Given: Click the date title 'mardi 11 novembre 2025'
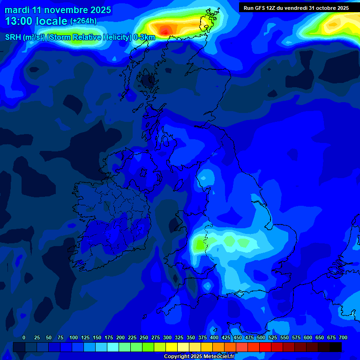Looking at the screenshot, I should [x=58, y=10].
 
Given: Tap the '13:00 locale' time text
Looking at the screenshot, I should [x=36, y=21].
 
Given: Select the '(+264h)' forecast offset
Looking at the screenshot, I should [x=83, y=21].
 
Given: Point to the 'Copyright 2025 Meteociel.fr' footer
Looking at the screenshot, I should [x=199, y=356].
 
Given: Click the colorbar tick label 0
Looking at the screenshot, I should [x=24, y=337].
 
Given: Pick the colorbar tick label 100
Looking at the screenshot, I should [x=74, y=337].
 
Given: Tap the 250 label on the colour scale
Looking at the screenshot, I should [x=144, y=337].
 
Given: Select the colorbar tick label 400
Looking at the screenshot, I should [x=214, y=337].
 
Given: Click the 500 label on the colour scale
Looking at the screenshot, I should [x=261, y=337].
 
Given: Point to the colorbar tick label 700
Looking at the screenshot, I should [x=343, y=337].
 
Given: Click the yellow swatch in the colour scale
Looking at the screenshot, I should [x=172, y=347].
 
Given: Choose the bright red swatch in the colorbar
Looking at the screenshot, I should [x=265, y=347].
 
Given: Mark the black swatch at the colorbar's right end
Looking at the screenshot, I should [x=336, y=347].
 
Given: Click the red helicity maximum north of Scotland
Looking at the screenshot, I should [x=165, y=30].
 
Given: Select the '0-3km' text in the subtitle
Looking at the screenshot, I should [x=144, y=37].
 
